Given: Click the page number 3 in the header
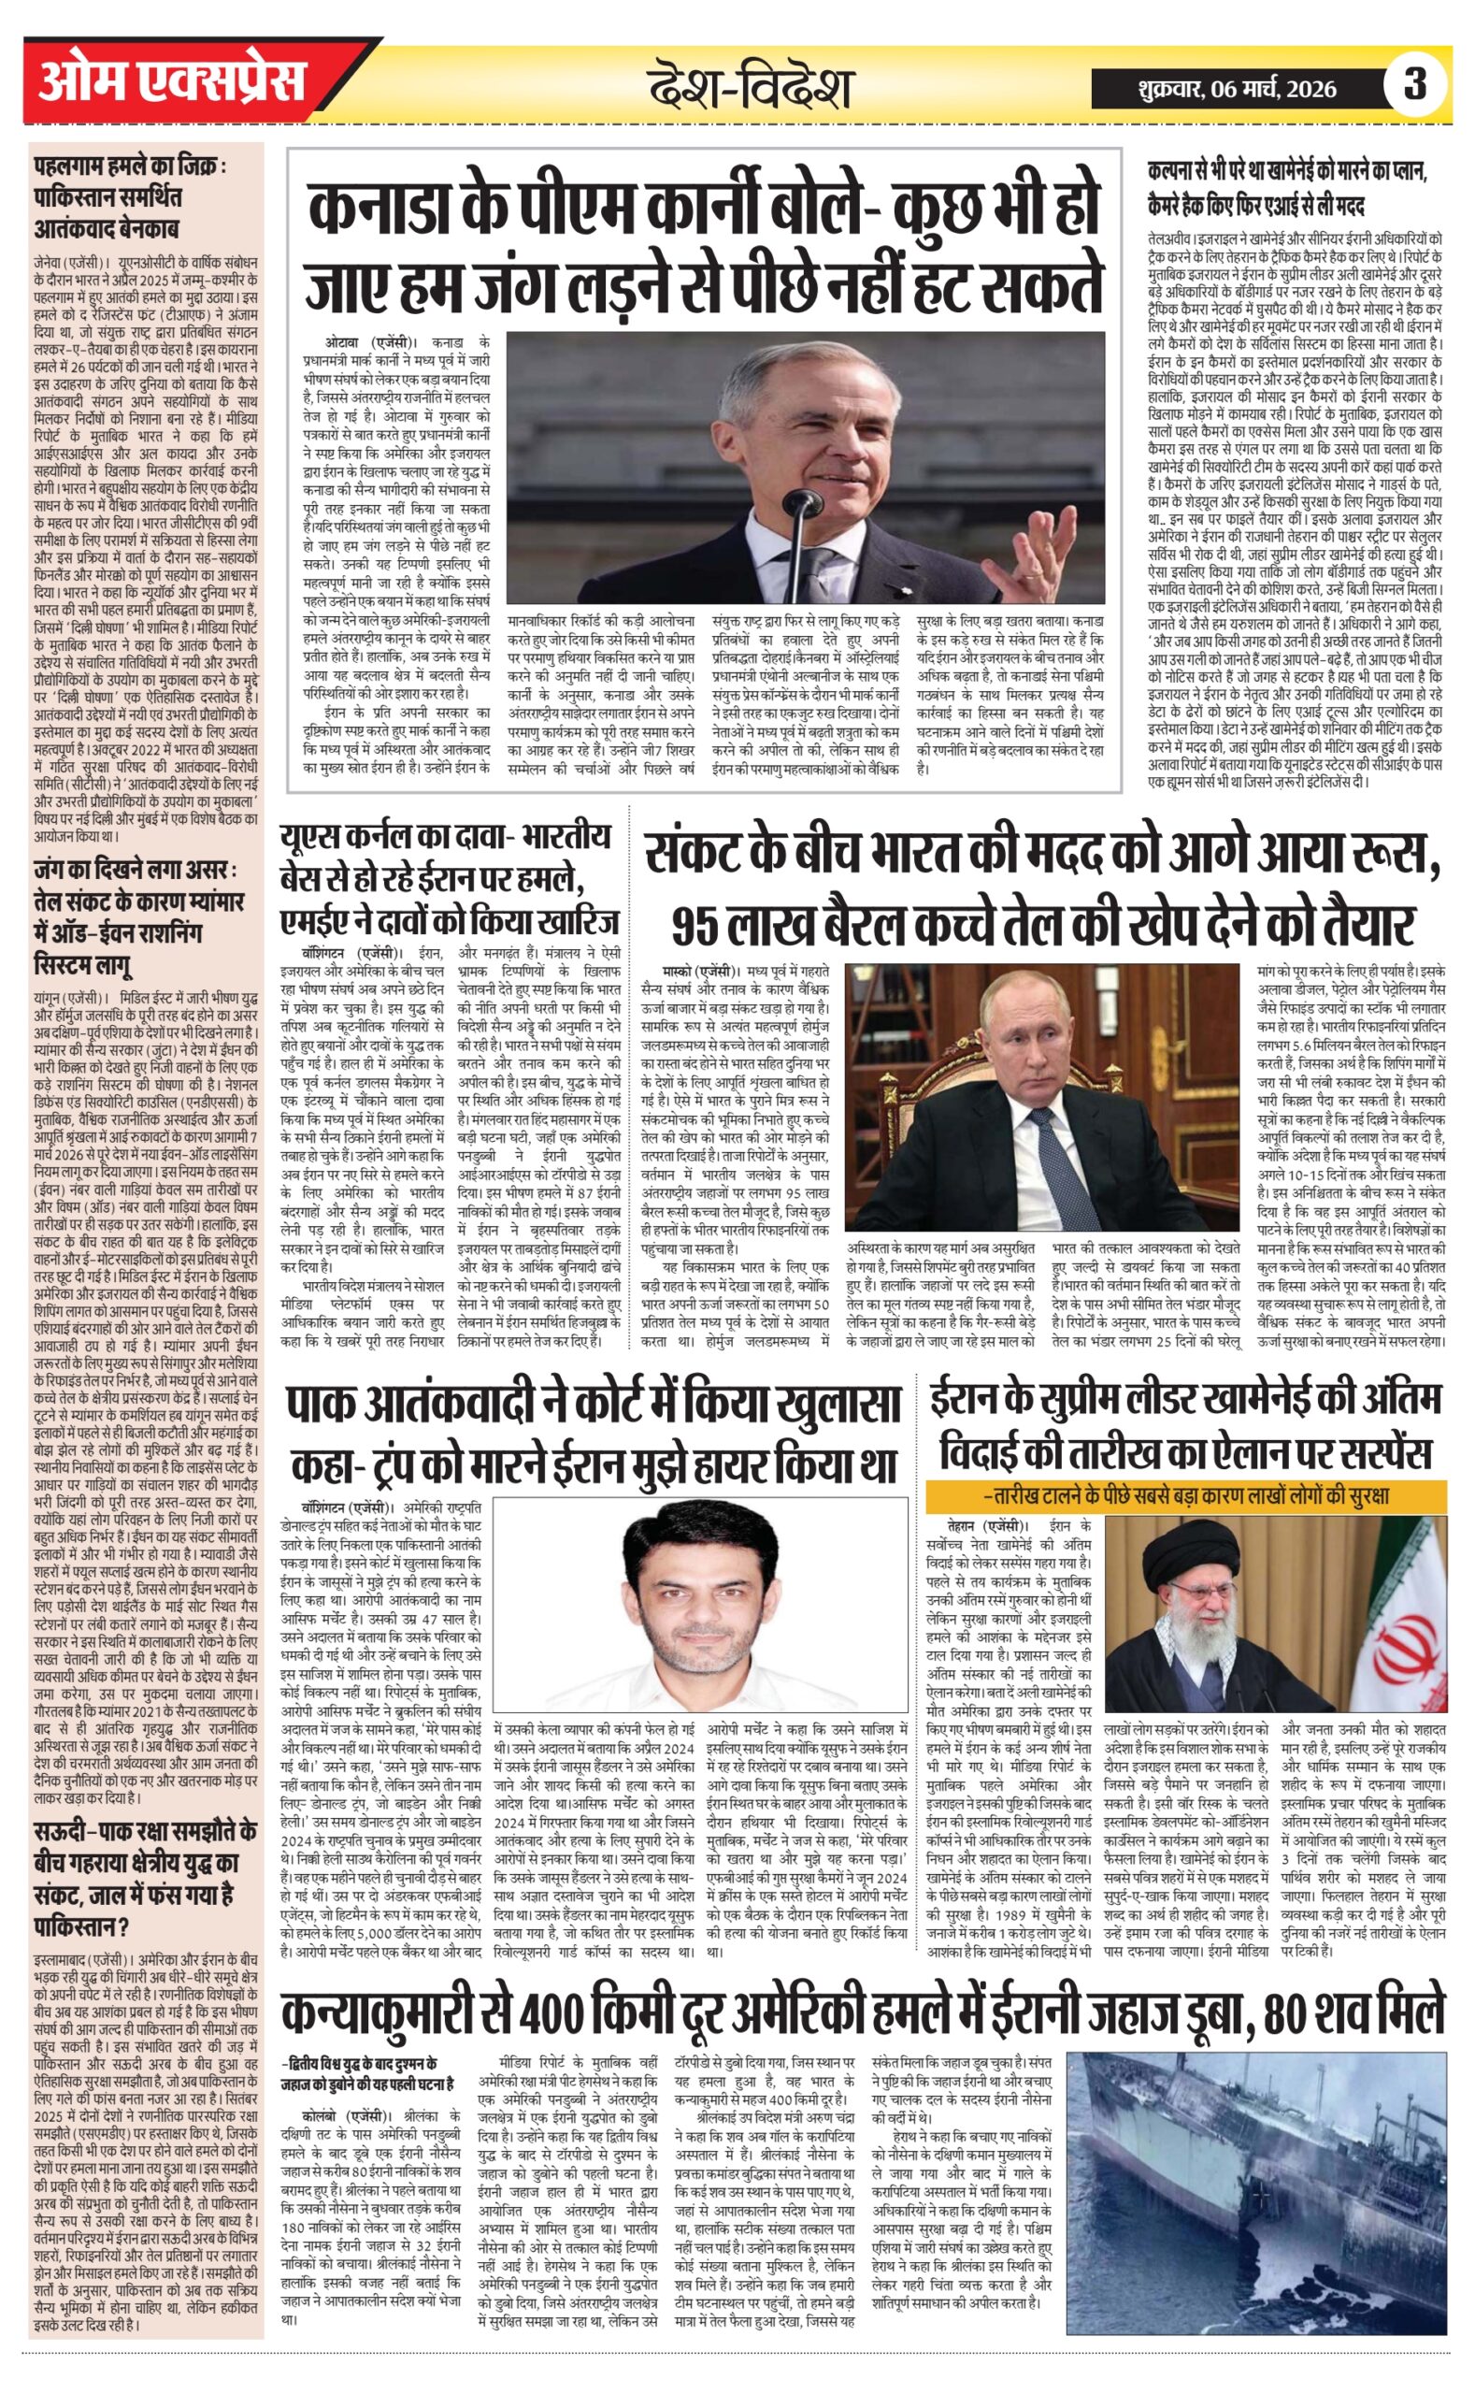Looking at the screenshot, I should [x=1414, y=85].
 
